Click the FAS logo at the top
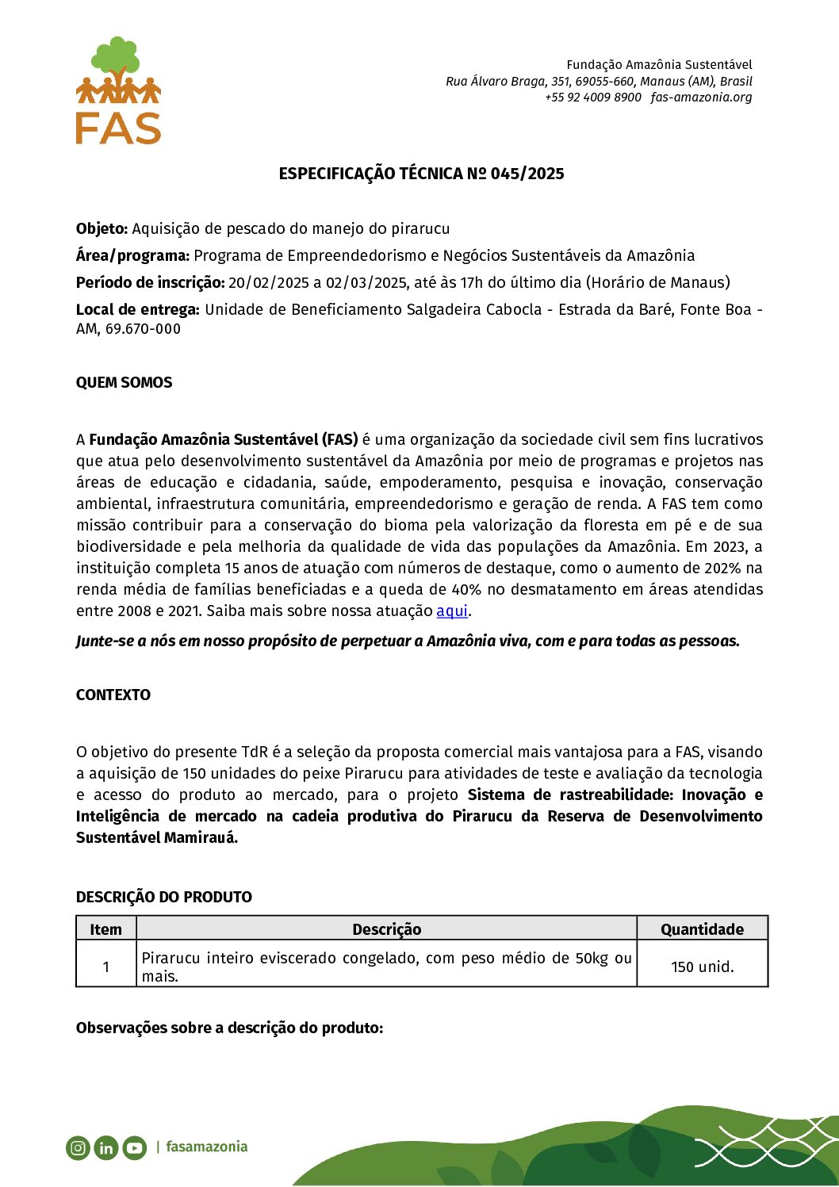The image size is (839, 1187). (x=118, y=90)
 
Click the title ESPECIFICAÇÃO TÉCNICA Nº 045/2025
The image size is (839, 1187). (x=421, y=174)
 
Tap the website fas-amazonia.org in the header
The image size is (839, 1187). (x=701, y=98)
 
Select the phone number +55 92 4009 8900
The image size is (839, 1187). (x=592, y=98)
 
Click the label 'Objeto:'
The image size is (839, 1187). (x=102, y=229)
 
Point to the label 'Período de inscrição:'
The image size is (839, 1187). (x=150, y=283)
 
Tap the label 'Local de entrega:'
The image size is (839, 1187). (x=137, y=310)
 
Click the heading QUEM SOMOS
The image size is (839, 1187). (x=124, y=383)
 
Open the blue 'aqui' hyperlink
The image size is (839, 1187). (x=452, y=611)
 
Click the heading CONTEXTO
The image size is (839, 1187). (x=113, y=695)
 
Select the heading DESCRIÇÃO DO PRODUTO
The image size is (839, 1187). (x=164, y=898)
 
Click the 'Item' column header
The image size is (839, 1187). (x=106, y=929)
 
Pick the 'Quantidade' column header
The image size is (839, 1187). (x=702, y=929)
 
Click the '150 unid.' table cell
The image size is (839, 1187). (x=702, y=967)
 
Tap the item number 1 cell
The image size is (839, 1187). (x=106, y=967)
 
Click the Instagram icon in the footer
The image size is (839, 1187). (x=78, y=1147)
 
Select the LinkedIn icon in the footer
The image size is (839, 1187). (x=106, y=1147)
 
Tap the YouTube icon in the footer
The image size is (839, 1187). (x=135, y=1147)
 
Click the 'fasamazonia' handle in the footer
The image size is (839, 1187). (x=206, y=1147)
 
